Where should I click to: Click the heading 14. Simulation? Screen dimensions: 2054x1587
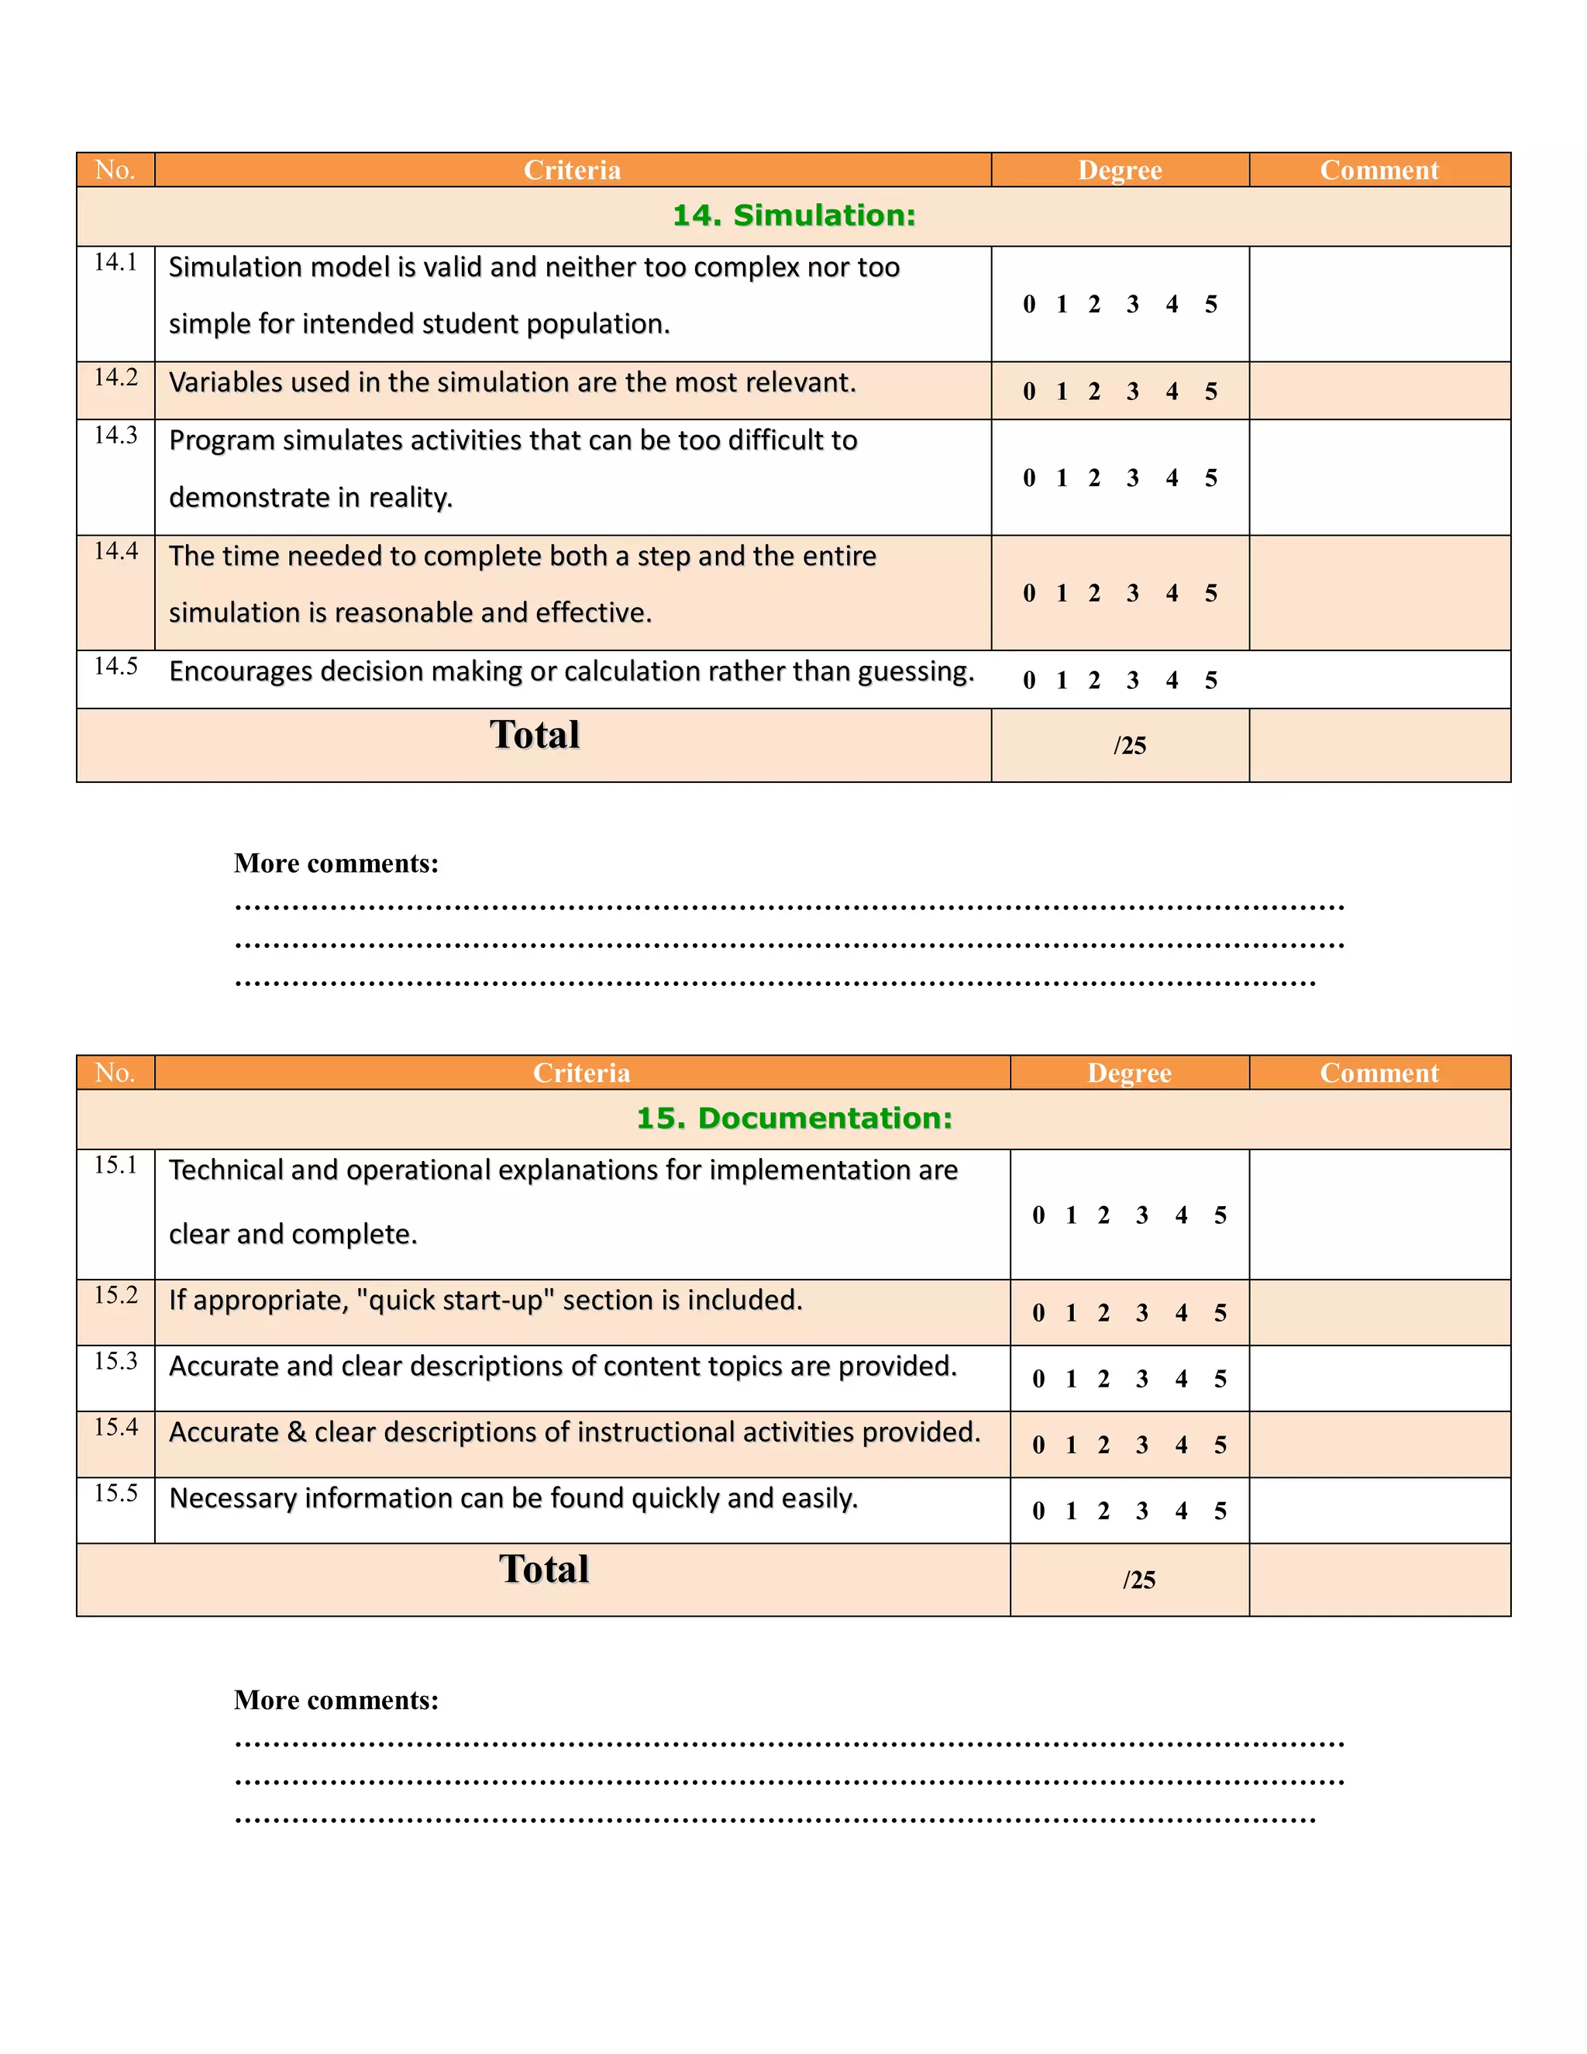pyautogui.click(x=793, y=215)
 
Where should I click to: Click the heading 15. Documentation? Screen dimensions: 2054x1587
pyautogui.click(x=793, y=1118)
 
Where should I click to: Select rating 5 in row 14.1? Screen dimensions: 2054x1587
pyautogui.click(x=1211, y=305)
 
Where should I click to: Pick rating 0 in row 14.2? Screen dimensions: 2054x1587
pyautogui.click(x=1030, y=392)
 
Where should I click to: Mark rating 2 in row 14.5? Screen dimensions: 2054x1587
pyautogui.click(x=1094, y=681)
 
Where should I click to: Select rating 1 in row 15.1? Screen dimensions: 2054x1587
pyautogui.click(x=1071, y=1216)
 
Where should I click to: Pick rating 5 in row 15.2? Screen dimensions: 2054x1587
pyautogui.click(x=1220, y=1314)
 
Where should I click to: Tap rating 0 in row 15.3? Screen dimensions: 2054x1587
pyautogui.click(x=1039, y=1380)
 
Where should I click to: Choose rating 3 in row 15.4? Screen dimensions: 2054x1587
pyautogui.click(x=1142, y=1446)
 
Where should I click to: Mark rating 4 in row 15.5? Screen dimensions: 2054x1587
pyautogui.click(x=1181, y=1511)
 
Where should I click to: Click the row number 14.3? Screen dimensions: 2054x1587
pyautogui.click(x=115, y=436)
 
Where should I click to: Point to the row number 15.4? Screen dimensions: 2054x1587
pyautogui.click(x=115, y=1428)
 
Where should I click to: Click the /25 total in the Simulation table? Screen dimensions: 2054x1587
pyautogui.click(x=1129, y=746)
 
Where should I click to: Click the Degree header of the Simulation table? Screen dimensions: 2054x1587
pyautogui.click(x=1120, y=171)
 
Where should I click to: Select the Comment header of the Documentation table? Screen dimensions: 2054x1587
pyautogui.click(x=1379, y=1073)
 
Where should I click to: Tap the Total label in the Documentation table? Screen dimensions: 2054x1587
pyautogui.click(x=543, y=1570)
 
